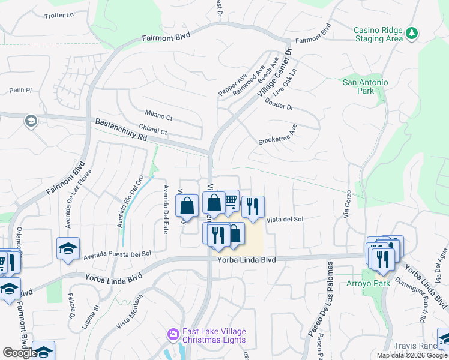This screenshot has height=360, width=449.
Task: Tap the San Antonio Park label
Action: [365, 86]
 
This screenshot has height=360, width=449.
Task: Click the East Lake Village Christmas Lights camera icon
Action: [173, 333]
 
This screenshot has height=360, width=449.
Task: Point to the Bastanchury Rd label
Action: [121, 130]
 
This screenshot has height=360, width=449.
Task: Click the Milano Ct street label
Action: [158, 115]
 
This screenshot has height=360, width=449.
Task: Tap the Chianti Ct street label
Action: [152, 131]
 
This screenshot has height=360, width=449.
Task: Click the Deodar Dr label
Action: [279, 103]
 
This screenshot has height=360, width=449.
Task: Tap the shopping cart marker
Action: [230, 202]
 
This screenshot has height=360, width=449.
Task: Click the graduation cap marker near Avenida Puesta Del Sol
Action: [68, 248]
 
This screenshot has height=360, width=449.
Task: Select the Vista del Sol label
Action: [285, 220]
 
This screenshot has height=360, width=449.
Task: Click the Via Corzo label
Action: [346, 206]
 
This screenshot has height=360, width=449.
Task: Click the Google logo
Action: [20, 353]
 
